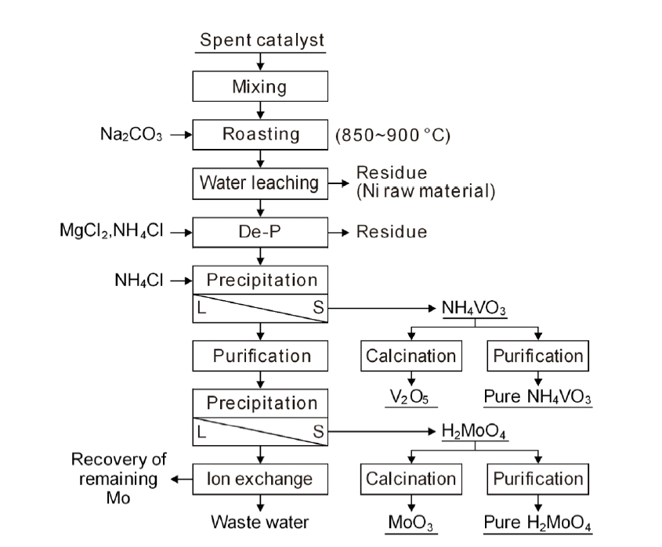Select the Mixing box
259,87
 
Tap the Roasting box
259,134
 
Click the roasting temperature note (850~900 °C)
392,135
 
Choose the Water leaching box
259,183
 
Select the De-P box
259,232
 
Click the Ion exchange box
259,479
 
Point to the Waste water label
259,522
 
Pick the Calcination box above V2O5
411,356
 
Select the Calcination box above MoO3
411,479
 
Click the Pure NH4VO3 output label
537,397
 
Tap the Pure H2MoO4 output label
537,522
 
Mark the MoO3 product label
411,522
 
